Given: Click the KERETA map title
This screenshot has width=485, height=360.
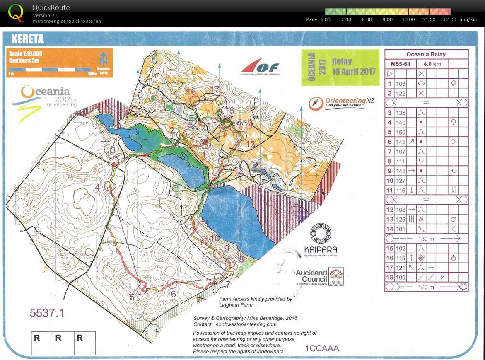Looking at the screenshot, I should click(x=27, y=39).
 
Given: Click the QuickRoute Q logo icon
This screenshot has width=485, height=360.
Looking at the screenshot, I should click(x=16, y=12).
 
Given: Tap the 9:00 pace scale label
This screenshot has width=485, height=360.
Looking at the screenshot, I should click(x=387, y=19).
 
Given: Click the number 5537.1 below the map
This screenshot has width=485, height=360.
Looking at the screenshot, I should click(x=47, y=313).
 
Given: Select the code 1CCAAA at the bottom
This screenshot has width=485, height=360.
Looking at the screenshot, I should click(x=322, y=348).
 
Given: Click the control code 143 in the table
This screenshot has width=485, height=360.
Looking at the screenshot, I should click(x=401, y=142).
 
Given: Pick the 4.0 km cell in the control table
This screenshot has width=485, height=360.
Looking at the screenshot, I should click(x=432, y=64).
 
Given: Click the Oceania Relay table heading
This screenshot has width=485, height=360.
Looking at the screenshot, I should click(x=426, y=54).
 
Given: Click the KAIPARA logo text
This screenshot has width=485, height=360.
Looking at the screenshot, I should click(x=320, y=250).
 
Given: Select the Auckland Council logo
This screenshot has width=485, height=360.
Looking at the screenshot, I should click(x=319, y=276).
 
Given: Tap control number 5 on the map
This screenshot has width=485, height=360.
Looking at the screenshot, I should click(x=132, y=296).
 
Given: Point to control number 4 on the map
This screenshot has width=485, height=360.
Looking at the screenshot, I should click(x=97, y=188).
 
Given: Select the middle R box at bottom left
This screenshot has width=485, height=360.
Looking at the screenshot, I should click(x=58, y=338).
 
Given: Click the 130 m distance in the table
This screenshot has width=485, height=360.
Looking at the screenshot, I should click(x=426, y=239).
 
